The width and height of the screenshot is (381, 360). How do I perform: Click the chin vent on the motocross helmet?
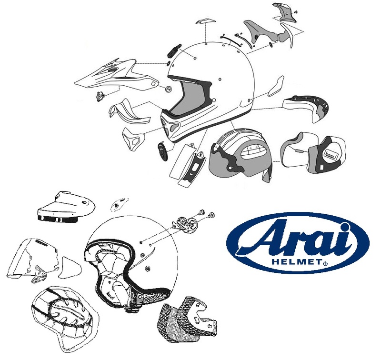click(x=170, y=125)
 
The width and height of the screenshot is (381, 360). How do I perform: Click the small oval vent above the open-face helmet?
click(x=116, y=205)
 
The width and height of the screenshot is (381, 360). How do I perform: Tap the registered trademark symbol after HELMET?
click(x=325, y=263)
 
